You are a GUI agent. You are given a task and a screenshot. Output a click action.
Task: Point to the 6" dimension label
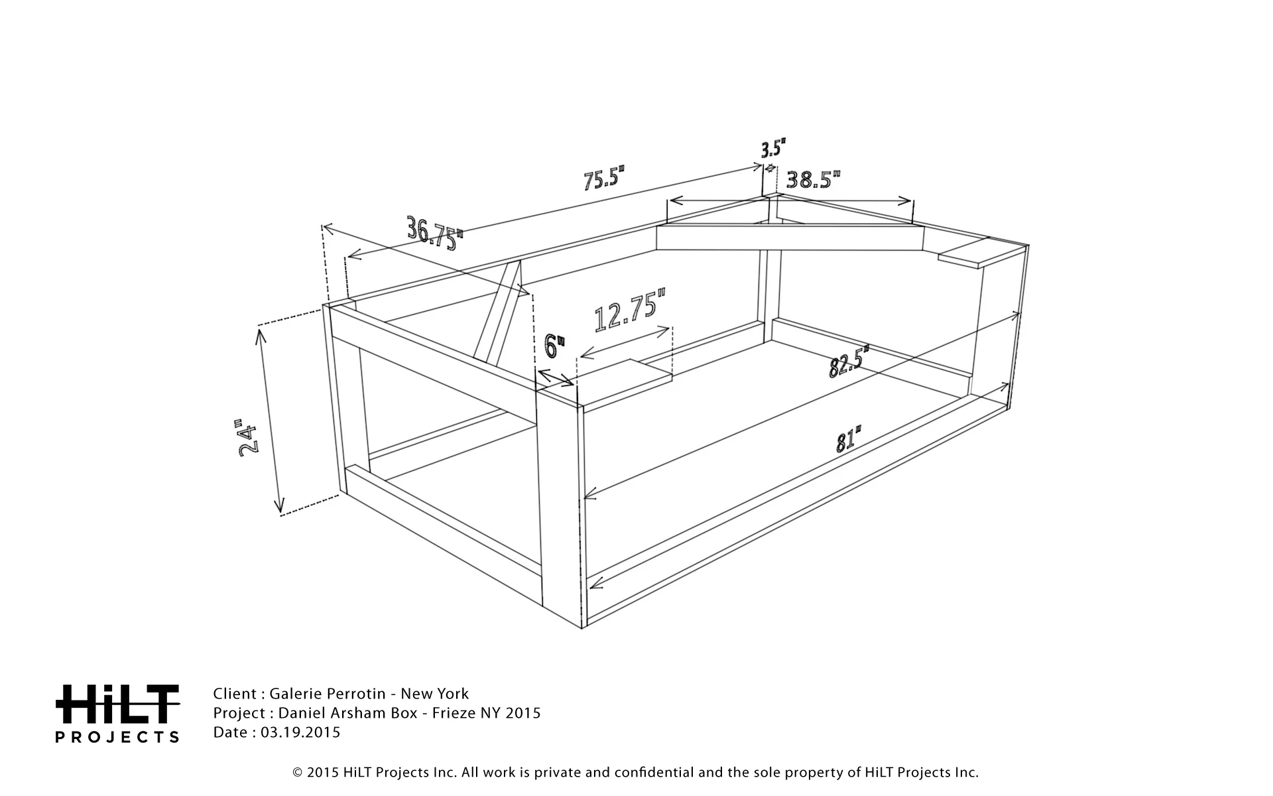(x=554, y=346)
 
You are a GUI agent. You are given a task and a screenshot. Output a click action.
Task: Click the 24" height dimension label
(x=247, y=436)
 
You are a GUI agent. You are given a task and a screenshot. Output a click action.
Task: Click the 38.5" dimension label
(x=814, y=179)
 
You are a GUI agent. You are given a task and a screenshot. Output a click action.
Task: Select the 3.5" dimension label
(x=773, y=148)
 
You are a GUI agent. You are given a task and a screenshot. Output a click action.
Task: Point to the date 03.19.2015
(x=300, y=732)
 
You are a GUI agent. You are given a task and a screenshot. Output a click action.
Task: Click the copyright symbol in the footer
(x=298, y=773)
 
